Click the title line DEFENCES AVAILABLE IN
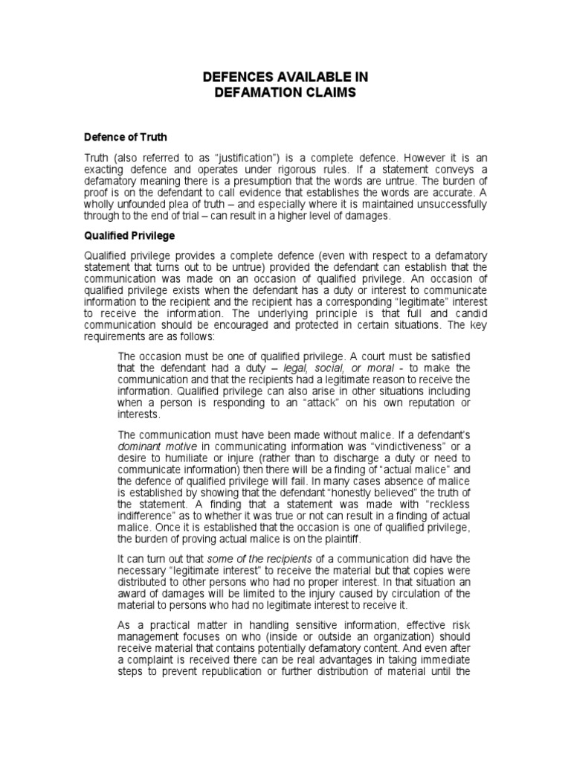[286, 78]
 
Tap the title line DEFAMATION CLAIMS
[286, 92]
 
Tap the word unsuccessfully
[444, 204]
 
